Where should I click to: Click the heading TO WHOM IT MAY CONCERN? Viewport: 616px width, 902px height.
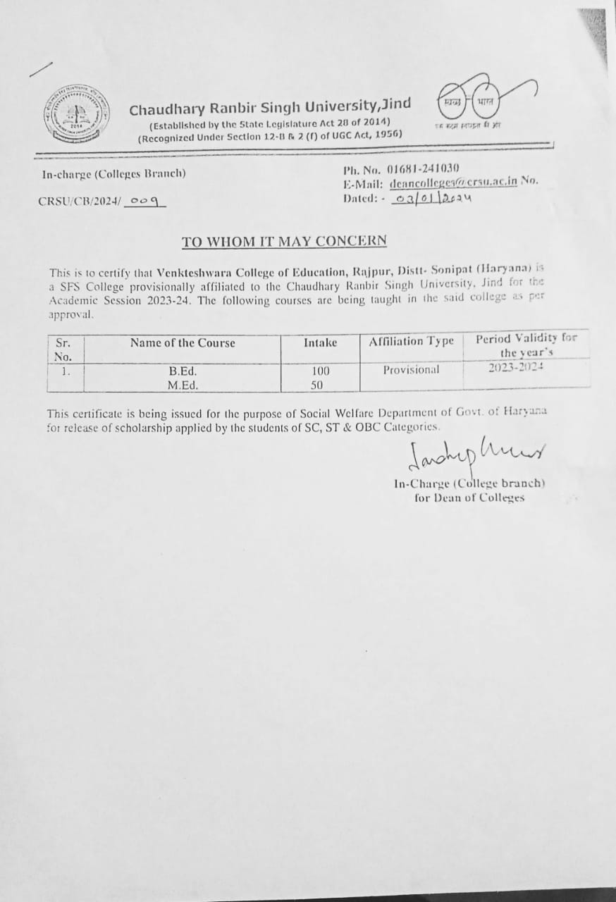point(284,241)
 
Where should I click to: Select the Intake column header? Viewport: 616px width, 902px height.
point(320,342)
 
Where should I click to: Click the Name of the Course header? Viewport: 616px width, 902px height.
point(183,343)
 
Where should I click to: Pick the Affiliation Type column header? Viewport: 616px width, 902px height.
point(412,342)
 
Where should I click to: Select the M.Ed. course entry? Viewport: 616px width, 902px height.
point(182,385)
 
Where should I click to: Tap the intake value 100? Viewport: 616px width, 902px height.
point(321,371)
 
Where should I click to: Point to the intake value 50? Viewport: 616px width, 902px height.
point(317,385)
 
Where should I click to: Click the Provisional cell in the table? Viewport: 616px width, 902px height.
point(411,370)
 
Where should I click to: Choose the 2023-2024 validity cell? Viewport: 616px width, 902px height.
point(517,367)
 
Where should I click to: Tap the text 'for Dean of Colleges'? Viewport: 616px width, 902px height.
point(469,498)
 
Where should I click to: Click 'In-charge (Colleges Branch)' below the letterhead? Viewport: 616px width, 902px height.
point(113,173)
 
